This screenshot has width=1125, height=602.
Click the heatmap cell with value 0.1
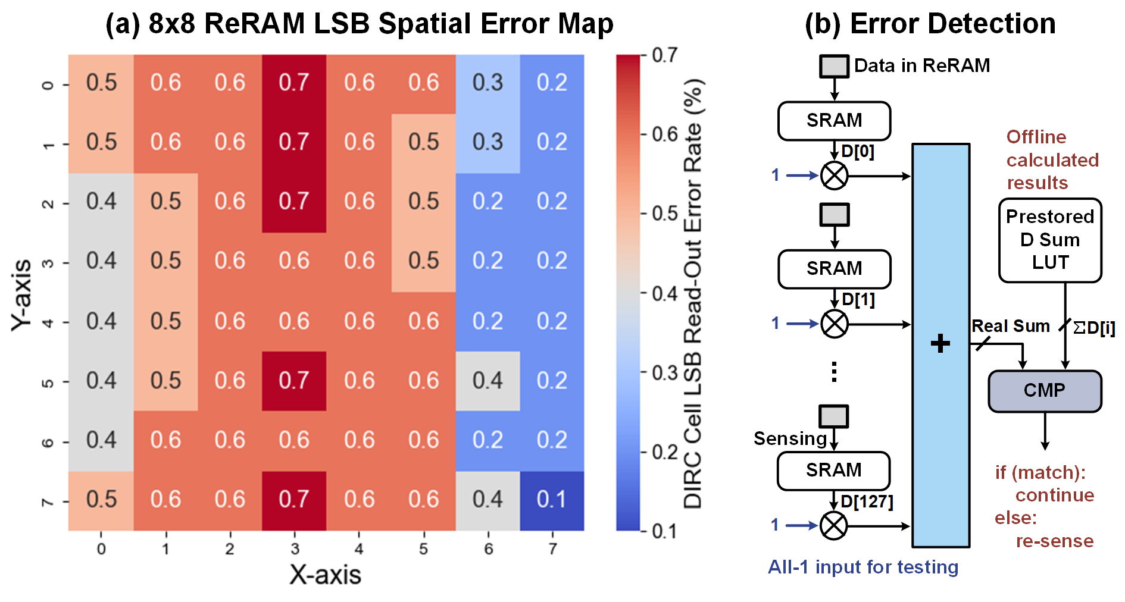[552, 500]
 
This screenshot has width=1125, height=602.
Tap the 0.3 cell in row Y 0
[487, 83]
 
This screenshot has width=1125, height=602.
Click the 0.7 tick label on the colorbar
[664, 55]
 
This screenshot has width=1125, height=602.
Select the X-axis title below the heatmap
[325, 575]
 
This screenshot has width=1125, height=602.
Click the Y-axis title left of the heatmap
[21, 294]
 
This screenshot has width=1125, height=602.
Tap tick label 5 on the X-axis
[423, 548]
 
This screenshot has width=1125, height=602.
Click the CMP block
[1045, 391]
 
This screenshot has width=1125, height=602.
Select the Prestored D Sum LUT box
[1050, 240]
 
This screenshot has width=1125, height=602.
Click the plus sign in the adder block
[940, 344]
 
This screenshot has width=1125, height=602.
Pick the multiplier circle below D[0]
[834, 175]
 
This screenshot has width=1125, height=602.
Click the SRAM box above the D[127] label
[833, 471]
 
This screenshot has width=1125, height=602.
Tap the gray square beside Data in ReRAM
[834, 66]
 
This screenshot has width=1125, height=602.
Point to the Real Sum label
[1010, 326]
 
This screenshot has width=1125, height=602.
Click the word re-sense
[1054, 541]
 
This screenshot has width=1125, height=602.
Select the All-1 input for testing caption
[863, 567]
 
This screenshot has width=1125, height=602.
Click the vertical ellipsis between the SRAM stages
[834, 372]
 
